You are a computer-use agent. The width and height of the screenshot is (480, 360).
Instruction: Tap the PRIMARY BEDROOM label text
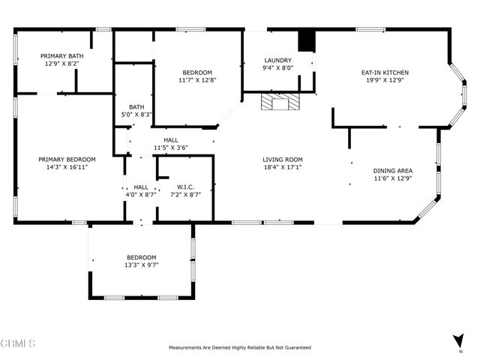67,159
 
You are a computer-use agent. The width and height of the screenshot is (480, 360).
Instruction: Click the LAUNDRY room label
278,61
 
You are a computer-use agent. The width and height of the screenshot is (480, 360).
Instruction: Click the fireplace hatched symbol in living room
279,102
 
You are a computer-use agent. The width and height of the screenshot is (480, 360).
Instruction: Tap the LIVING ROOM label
283,159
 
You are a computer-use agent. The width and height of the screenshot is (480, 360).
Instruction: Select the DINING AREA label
393,171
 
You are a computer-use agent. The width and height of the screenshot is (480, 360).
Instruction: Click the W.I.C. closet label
186,186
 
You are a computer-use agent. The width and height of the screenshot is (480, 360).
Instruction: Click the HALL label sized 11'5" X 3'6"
171,139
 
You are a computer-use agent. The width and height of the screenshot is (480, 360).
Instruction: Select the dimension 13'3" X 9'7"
142,265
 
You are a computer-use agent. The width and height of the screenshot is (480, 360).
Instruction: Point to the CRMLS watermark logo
19,343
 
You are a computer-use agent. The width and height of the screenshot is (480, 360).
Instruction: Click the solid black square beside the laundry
306,41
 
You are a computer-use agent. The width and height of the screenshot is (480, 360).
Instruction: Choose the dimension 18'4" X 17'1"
283,167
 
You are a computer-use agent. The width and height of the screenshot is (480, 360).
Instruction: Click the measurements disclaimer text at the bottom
240,348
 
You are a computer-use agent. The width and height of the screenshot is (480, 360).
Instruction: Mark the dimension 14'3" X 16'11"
67,167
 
